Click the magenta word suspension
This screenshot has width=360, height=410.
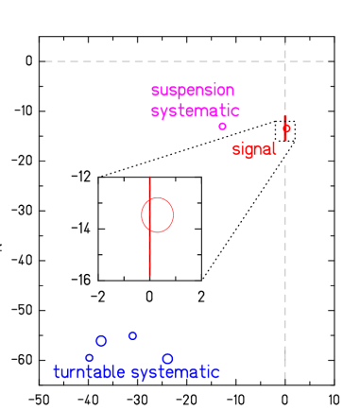193,91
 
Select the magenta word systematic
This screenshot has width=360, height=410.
196,111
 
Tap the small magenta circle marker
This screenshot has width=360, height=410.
223,127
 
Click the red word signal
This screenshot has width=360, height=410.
254,149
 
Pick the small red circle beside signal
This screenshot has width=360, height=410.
286,128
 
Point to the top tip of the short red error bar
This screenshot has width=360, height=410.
285,116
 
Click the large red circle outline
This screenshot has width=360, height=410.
158,215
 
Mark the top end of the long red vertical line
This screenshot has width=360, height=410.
149,176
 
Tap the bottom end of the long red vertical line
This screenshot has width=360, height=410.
149,275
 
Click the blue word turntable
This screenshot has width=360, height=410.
89,372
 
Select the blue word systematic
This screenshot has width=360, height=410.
175,372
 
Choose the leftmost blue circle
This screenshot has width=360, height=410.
90,358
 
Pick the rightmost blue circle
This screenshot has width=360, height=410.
168,359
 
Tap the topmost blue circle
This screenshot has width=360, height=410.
132,336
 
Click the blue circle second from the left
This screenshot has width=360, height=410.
101,341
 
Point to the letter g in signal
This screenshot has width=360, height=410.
250,151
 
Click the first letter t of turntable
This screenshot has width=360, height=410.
57,372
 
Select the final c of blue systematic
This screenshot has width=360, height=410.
215,373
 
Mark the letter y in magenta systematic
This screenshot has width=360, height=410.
163,112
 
